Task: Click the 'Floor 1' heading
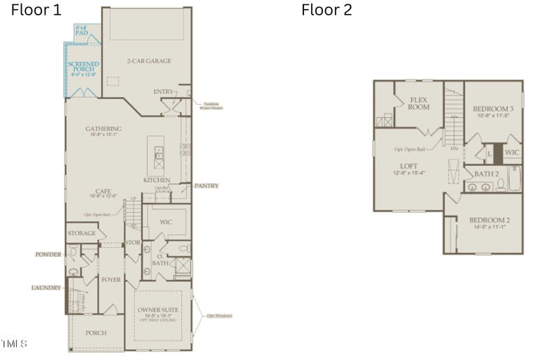[x=36, y=10]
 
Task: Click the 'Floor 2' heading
[x=326, y=10]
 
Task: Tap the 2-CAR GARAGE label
[x=149, y=61]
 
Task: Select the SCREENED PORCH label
[x=83, y=67]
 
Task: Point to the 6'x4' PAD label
[x=82, y=30]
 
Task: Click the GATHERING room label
[x=103, y=128]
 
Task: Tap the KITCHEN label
[x=157, y=180]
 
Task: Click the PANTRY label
[x=206, y=186]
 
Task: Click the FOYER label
[x=111, y=280]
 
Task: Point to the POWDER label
[x=48, y=255]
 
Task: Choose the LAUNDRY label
[x=46, y=287]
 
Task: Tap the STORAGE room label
[x=82, y=233]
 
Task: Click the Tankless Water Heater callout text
[x=211, y=106]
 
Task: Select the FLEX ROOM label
[x=418, y=103]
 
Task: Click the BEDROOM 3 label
[x=493, y=109]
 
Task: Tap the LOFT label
[x=409, y=166]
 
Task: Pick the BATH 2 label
[x=487, y=173]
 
